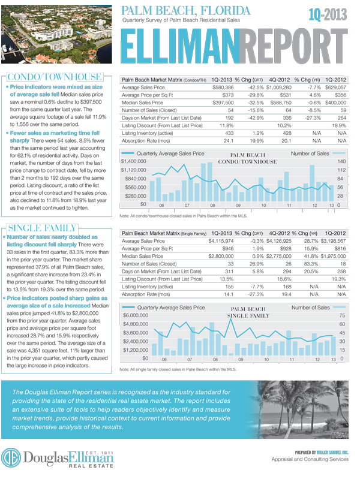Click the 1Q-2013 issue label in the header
(329, 14)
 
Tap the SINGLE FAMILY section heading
(41, 228)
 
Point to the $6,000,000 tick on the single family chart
(135, 315)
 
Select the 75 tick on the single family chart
(342, 315)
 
